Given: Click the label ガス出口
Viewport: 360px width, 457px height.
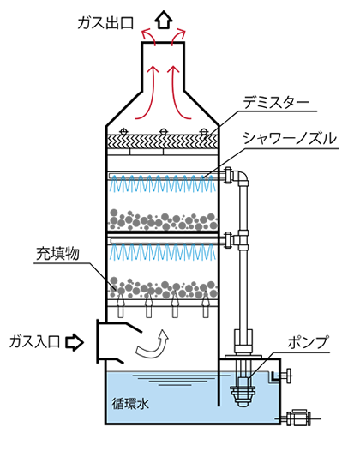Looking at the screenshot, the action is click(x=105, y=23).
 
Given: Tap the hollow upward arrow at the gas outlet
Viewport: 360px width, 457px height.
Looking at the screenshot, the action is click(x=164, y=20).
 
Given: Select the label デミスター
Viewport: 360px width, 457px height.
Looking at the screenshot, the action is click(x=276, y=102).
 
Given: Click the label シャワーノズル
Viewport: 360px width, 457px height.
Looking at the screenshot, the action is click(x=290, y=138).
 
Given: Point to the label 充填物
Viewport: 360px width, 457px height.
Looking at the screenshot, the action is click(x=57, y=253).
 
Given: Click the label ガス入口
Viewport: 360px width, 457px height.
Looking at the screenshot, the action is click(x=34, y=341).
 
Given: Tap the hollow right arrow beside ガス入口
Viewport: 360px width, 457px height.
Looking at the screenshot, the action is click(x=75, y=342).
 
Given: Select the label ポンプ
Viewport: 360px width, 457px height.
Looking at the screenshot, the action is click(x=309, y=342).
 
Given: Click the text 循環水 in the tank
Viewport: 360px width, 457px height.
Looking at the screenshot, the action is click(x=130, y=404).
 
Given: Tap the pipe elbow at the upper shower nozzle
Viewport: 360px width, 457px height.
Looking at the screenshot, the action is click(x=241, y=177).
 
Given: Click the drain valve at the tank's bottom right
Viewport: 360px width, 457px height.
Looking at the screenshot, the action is click(x=297, y=418).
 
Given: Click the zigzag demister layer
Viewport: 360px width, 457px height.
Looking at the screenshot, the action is click(x=163, y=141).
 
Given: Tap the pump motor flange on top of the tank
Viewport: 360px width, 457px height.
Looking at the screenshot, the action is click(x=243, y=357).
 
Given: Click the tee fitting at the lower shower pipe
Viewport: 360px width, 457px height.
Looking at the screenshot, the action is click(x=243, y=240).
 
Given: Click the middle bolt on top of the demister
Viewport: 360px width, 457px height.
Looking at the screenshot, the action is click(x=163, y=131).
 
